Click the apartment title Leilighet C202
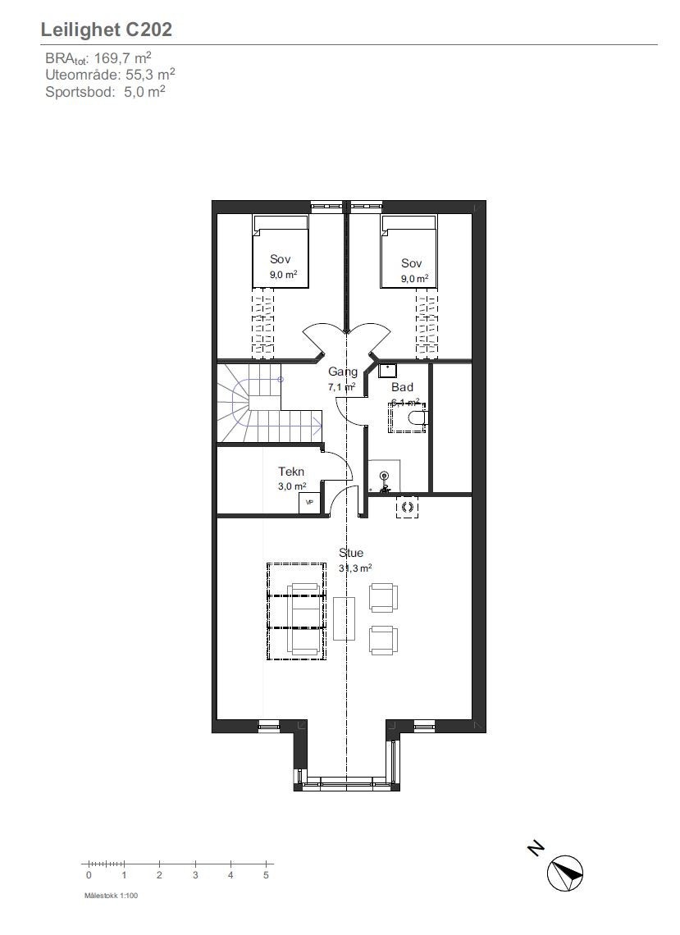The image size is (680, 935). (x=106, y=30)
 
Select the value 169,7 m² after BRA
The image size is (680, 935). (x=123, y=59)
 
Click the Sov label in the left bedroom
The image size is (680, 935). (x=280, y=259)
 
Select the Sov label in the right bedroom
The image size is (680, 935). (x=411, y=263)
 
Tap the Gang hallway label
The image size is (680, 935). (x=342, y=372)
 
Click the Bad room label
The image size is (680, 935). (x=402, y=387)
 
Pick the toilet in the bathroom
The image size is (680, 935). (x=414, y=419)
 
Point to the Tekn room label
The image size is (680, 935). (x=291, y=472)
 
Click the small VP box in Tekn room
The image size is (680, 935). (x=309, y=502)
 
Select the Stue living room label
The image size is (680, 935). (x=351, y=553)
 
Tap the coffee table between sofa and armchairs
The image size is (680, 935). (x=345, y=618)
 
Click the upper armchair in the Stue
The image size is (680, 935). (x=383, y=597)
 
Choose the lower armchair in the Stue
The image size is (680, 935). (x=383, y=640)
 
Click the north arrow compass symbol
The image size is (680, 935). (x=565, y=872)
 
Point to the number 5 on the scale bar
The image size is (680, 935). (x=266, y=876)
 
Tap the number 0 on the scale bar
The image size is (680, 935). (x=89, y=876)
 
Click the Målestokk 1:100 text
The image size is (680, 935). (x=111, y=896)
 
